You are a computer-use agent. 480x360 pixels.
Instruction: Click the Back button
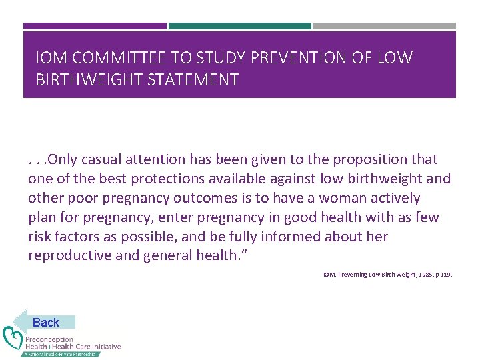pos(45,322)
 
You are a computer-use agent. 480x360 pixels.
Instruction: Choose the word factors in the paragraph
pos(76,237)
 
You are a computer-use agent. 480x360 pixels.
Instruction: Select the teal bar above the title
pos(240,26)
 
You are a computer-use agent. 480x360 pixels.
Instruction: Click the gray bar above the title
pos(385,26)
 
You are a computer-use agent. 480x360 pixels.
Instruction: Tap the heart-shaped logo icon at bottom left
pos(13,338)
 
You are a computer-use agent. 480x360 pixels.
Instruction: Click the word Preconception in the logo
pos(49,339)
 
